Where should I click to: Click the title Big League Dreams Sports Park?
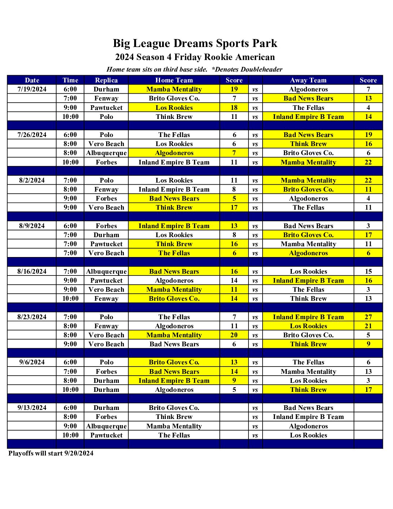click(x=195, y=43)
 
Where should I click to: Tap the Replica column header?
click(x=106, y=80)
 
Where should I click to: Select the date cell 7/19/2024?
click(x=32, y=89)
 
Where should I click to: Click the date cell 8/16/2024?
click(x=32, y=271)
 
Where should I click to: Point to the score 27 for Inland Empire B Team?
click(x=368, y=317)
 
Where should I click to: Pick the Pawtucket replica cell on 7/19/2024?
click(x=106, y=108)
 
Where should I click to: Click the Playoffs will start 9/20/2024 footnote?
click(x=51, y=453)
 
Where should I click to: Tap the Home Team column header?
click(x=174, y=80)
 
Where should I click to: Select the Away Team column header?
click(x=308, y=80)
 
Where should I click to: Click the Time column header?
click(x=70, y=80)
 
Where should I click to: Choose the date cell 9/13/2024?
click(x=32, y=408)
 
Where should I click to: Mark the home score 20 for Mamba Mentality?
click(x=234, y=335)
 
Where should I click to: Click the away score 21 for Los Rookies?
click(x=368, y=326)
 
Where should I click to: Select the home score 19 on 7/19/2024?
click(x=234, y=89)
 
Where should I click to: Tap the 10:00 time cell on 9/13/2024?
click(x=70, y=435)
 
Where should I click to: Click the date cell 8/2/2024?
click(x=32, y=180)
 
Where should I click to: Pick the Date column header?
click(x=32, y=80)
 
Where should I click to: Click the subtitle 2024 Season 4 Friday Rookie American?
click(x=195, y=57)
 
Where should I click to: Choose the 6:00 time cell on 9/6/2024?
click(x=70, y=362)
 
